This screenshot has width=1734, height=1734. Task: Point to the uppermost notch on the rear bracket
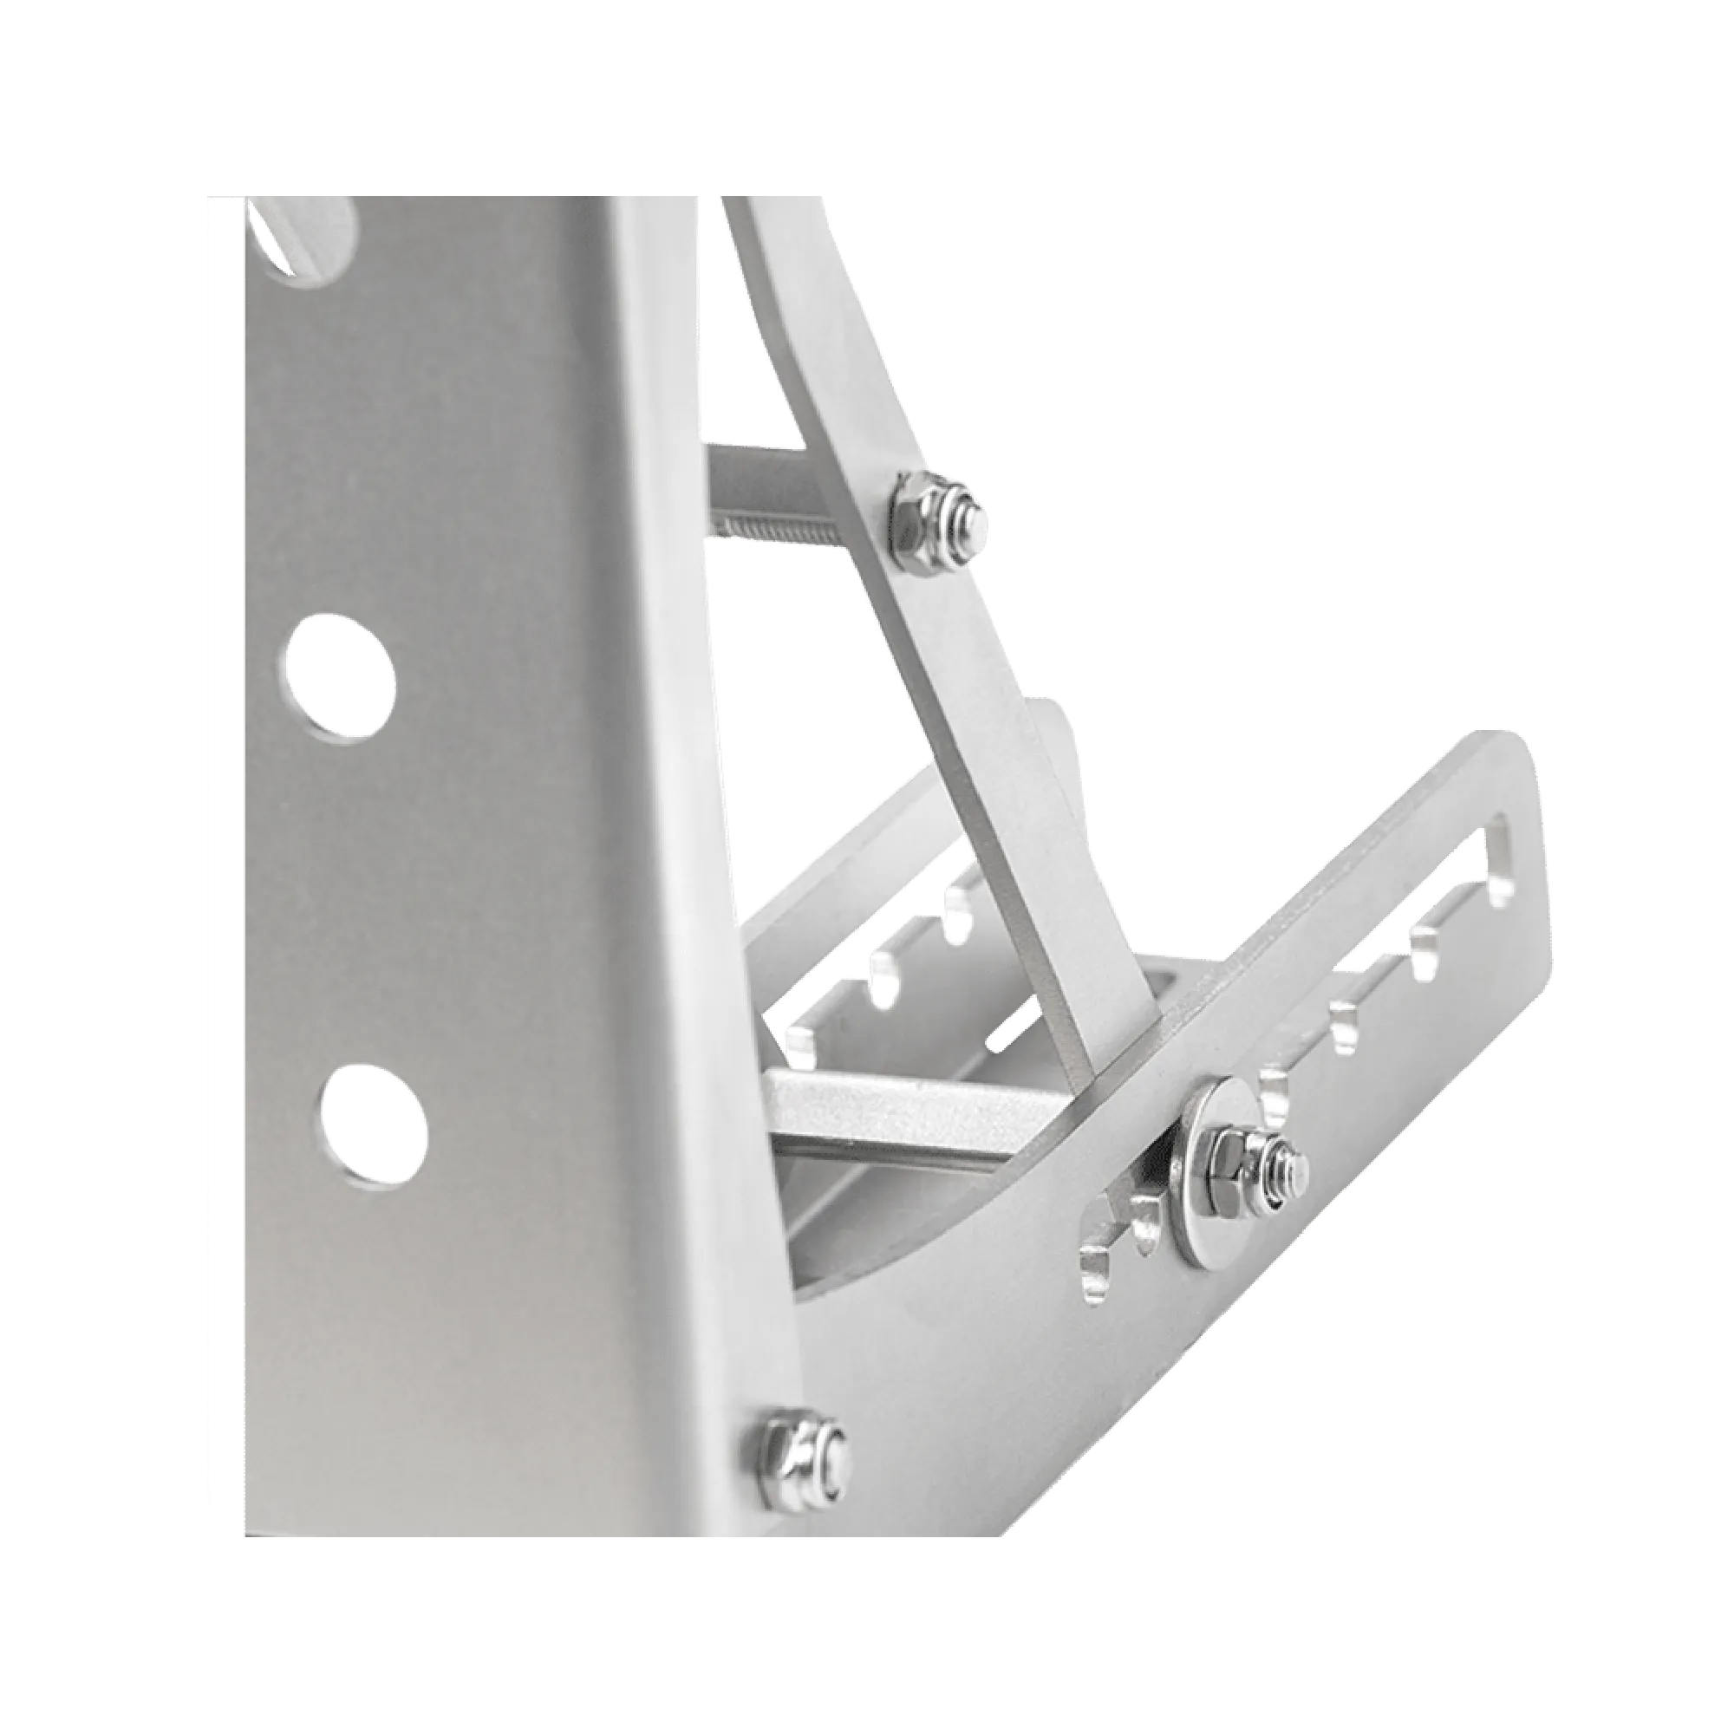(x=958, y=913)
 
